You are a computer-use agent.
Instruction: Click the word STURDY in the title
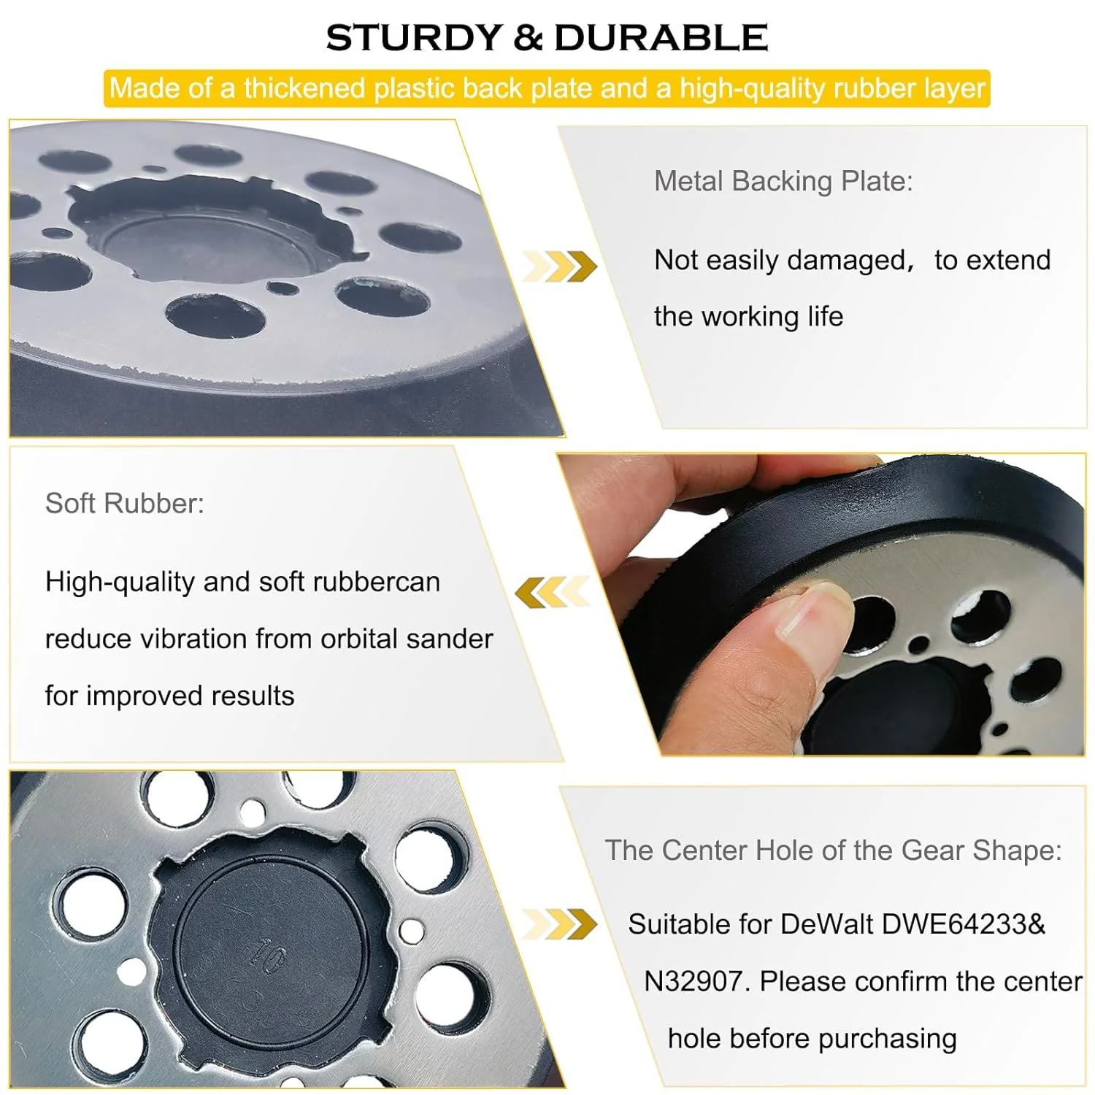[x=415, y=38]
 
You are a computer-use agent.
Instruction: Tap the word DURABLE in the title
[x=661, y=38]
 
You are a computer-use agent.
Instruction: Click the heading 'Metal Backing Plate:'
[x=783, y=181]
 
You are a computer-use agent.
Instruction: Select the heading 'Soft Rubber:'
[x=125, y=503]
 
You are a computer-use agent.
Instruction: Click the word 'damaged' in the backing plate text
[x=846, y=261]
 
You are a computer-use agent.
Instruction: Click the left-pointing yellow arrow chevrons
[x=552, y=592]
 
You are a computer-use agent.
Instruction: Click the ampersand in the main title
[x=529, y=38]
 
